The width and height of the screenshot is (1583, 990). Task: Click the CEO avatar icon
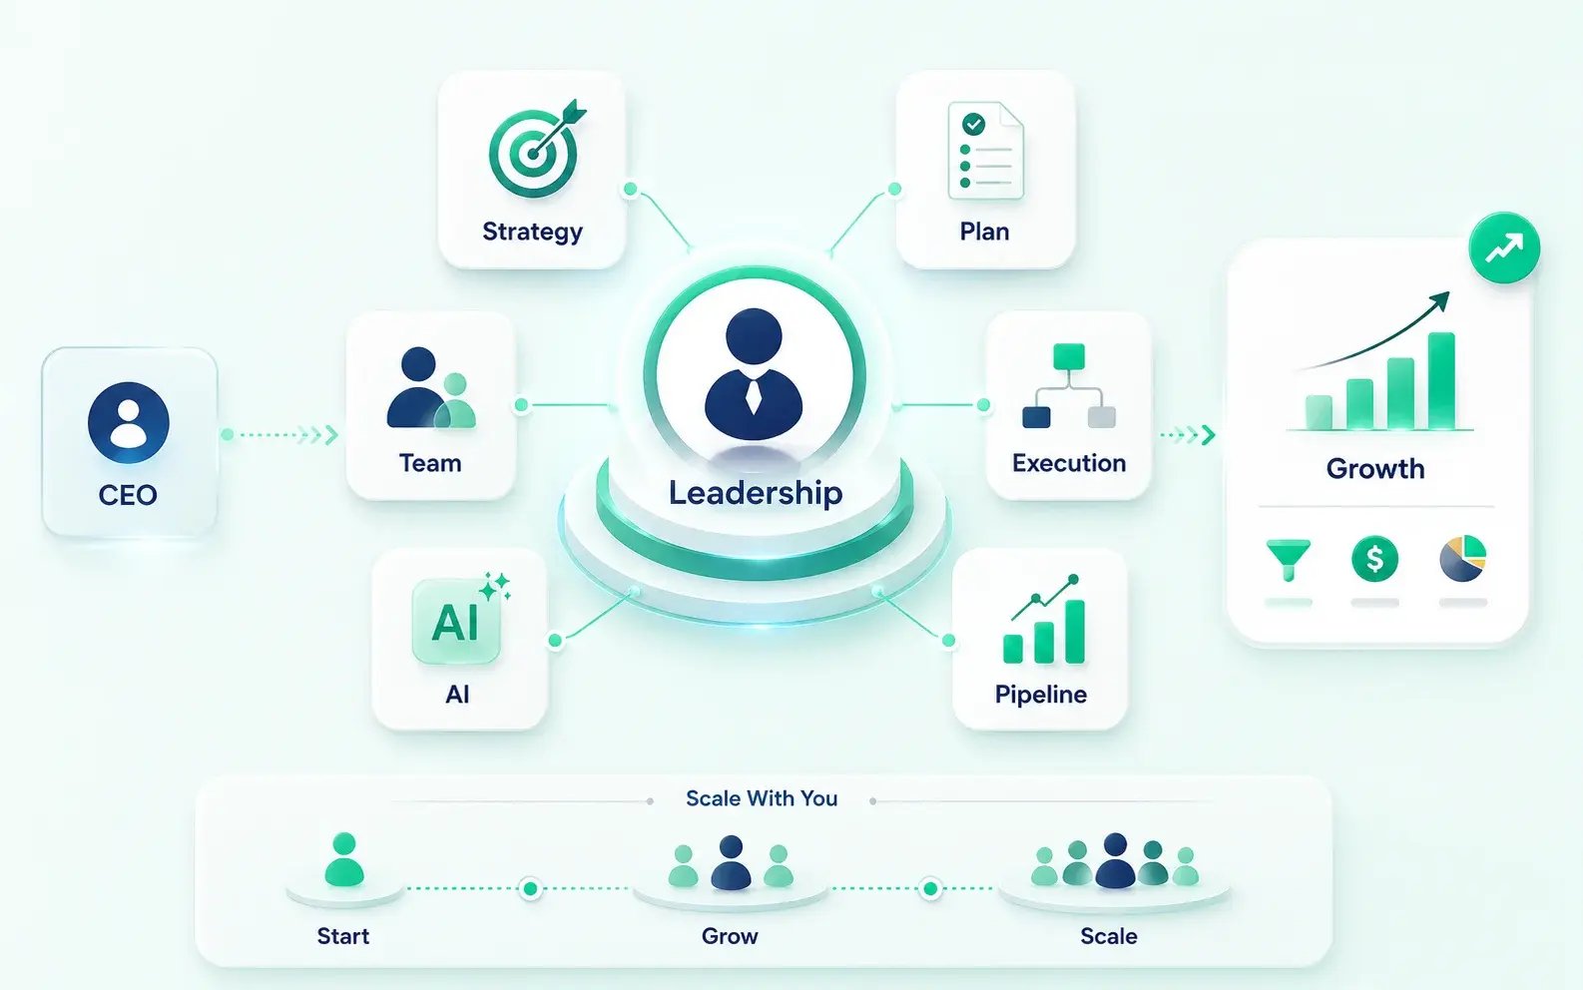point(129,422)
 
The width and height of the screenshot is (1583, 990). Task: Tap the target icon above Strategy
point(537,149)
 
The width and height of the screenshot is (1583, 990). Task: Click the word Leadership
point(756,493)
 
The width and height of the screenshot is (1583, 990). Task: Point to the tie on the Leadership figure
point(754,396)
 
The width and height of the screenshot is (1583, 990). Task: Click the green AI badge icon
point(456,622)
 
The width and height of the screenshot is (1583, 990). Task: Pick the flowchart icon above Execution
point(1069,386)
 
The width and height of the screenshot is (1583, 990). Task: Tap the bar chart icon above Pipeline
point(1044,619)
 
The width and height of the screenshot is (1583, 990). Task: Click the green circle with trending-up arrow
point(1504,247)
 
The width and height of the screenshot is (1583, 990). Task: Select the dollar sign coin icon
point(1374,559)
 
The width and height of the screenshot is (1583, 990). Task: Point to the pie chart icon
point(1463,558)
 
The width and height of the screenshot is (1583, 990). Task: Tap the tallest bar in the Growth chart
point(1441,381)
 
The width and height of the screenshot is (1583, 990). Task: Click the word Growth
point(1375,468)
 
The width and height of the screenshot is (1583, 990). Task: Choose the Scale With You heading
point(762,798)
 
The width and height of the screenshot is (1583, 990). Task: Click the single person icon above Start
point(344,859)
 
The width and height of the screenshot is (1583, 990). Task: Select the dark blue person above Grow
point(731,862)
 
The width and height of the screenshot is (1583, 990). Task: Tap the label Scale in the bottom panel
point(1109,936)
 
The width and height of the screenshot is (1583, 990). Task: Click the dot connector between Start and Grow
point(530,888)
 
